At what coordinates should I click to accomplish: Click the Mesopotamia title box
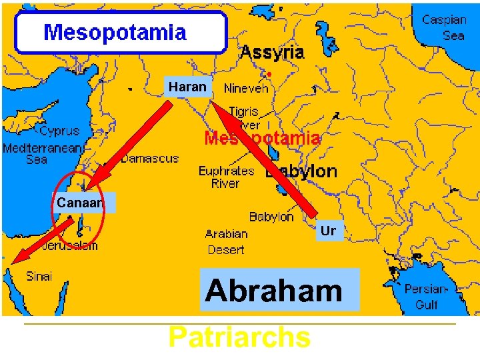pyautogui.click(x=121, y=32)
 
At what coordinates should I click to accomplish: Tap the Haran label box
pyautogui.click(x=188, y=87)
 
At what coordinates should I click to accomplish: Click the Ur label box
pyautogui.click(x=328, y=231)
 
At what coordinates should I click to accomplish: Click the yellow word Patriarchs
pyautogui.click(x=239, y=337)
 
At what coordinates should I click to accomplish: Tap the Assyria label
pyautogui.click(x=272, y=52)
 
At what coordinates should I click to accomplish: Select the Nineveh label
pyautogui.click(x=246, y=88)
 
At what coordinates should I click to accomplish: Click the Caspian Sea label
pyautogui.click(x=445, y=27)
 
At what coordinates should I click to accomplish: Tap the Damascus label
pyautogui.click(x=150, y=159)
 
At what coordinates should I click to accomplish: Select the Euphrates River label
pyautogui.click(x=225, y=177)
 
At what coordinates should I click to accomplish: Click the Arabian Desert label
pyautogui.click(x=226, y=242)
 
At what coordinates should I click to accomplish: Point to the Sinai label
pyautogui.click(x=39, y=276)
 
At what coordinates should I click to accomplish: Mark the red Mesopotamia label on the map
pyautogui.click(x=262, y=139)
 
